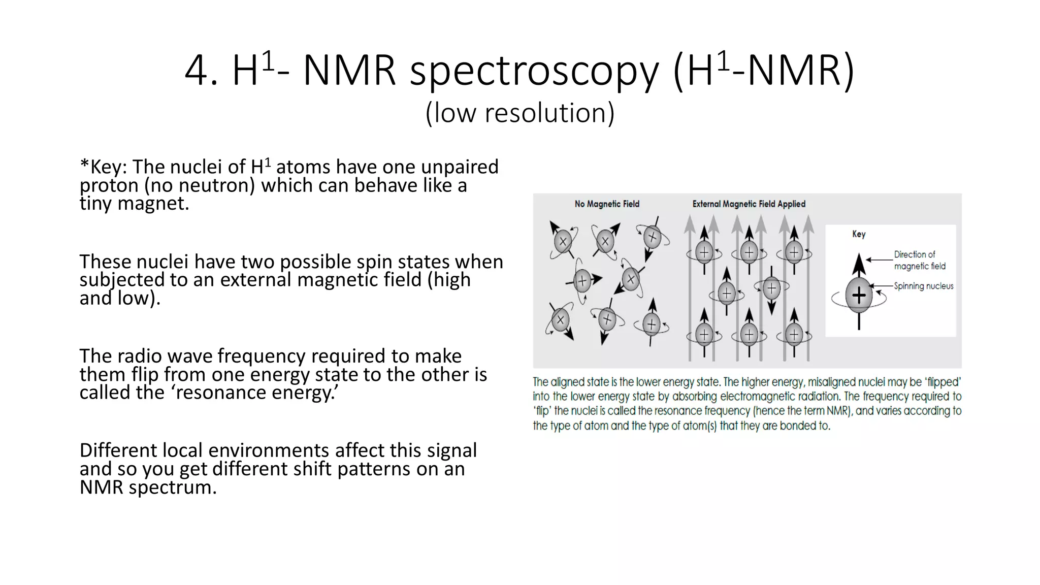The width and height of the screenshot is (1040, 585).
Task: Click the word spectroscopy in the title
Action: point(534,72)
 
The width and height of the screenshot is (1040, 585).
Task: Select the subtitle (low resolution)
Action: point(520,113)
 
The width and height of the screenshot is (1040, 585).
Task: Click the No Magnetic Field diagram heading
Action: point(607,204)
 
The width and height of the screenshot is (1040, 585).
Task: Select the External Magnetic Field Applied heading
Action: point(749,204)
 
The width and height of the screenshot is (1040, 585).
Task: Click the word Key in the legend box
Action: point(859,234)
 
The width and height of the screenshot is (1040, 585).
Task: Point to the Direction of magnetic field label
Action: point(919,261)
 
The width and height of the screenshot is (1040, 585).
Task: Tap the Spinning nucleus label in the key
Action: point(923,286)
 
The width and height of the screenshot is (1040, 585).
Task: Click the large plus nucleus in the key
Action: point(859,296)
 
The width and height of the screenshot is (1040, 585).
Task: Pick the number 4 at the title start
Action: point(195,72)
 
